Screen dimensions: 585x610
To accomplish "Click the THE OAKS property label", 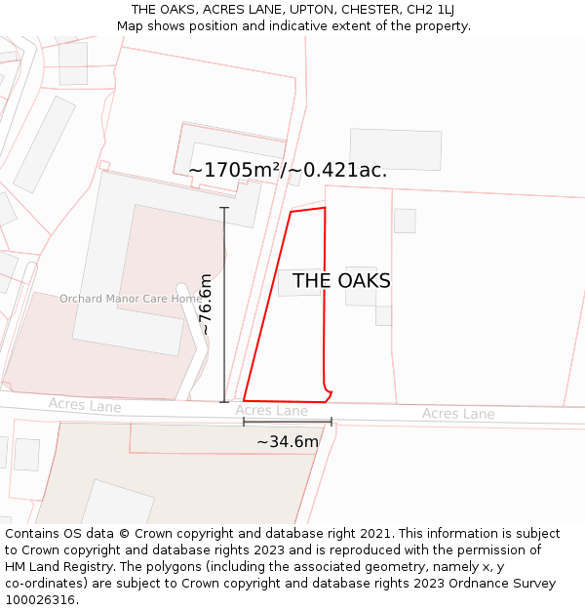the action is pyautogui.click(x=341, y=281).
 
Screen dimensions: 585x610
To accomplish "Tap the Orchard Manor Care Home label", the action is pyautogui.click(x=131, y=299).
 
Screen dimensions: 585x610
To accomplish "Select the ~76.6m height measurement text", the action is pyautogui.click(x=206, y=305).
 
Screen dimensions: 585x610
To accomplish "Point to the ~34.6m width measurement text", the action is pyautogui.click(x=288, y=442).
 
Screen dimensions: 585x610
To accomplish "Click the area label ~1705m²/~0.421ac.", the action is pyautogui.click(x=288, y=170).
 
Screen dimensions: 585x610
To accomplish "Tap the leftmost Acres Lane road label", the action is pyautogui.click(x=85, y=405).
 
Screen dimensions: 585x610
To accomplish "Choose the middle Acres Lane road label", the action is pyautogui.click(x=271, y=411).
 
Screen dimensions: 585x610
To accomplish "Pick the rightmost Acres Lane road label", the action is pyautogui.click(x=458, y=414).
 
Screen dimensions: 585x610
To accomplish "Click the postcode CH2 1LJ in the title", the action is pyautogui.click(x=432, y=10).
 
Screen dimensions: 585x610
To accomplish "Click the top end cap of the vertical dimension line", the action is pyautogui.click(x=224, y=208).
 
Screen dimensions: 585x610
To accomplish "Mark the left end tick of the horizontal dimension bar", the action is pyautogui.click(x=244, y=422).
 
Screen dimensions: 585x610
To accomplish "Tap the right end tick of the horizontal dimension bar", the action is pyautogui.click(x=331, y=422).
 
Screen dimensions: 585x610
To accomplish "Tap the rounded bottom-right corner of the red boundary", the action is pyautogui.click(x=329, y=394).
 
